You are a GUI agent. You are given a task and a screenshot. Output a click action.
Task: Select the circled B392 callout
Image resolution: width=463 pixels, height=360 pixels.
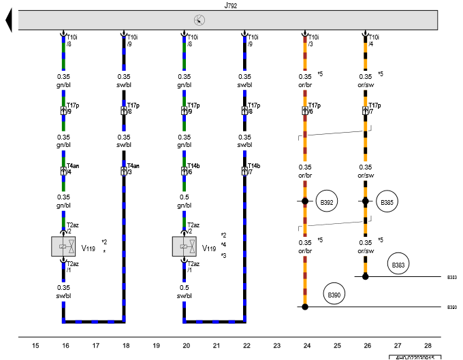coord(328,202)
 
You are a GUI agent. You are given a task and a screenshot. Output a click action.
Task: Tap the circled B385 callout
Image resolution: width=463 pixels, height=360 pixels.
coord(387,202)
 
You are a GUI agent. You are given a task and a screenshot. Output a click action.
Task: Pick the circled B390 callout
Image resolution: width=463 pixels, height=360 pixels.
coord(335,294)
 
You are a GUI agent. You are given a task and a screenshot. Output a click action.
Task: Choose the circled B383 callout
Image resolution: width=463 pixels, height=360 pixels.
coord(398,263)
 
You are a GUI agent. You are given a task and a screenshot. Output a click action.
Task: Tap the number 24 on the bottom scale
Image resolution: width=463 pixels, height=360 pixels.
coord(306,346)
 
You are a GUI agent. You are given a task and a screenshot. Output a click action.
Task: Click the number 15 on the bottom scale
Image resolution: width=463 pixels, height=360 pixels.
coord(35,346)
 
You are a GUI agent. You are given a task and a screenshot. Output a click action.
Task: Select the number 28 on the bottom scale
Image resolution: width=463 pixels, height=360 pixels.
coord(428,346)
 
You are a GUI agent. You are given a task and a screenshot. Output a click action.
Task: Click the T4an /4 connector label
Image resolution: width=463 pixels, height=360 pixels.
coord(74,169)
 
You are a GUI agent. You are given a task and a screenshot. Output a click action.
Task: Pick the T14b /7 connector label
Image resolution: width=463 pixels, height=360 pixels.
coord(254,169)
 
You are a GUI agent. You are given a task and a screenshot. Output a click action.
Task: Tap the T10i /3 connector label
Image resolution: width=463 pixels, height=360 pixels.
coord(313,41)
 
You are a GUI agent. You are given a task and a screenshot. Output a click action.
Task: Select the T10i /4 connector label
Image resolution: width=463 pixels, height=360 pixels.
coord(373,41)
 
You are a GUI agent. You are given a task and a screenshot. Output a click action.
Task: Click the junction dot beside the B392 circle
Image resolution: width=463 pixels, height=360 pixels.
coord(305,201)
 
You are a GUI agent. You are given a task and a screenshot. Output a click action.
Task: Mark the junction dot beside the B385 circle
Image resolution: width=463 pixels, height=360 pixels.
coord(365,201)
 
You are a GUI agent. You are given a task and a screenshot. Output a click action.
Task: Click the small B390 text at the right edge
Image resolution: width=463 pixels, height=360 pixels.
coord(452,308)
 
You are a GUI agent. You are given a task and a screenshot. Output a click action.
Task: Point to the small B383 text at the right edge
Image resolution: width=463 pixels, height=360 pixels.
coord(452,278)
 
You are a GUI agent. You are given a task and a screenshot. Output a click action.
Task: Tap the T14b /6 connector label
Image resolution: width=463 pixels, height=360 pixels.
coord(193,169)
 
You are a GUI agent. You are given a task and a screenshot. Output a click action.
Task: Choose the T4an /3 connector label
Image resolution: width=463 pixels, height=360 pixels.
coord(133,169)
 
